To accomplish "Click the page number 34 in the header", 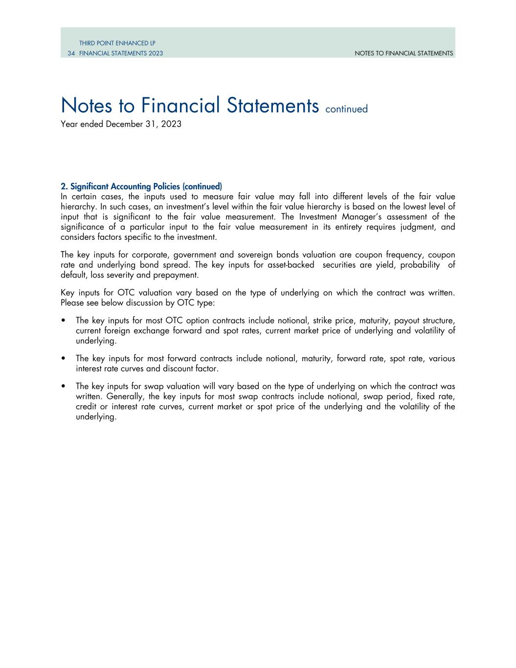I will tap(71, 53).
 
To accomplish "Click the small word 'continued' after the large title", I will tap(346, 109).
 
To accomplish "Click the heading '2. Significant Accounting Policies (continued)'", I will tap(141, 186).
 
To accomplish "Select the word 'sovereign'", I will tap(254, 255).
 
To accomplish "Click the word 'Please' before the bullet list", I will tap(72, 302).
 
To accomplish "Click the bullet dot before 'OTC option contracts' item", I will tap(64, 321).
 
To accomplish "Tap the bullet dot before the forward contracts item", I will tap(64, 359).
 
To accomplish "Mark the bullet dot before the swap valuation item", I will tap(64, 387).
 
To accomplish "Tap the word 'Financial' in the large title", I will tap(178, 105).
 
